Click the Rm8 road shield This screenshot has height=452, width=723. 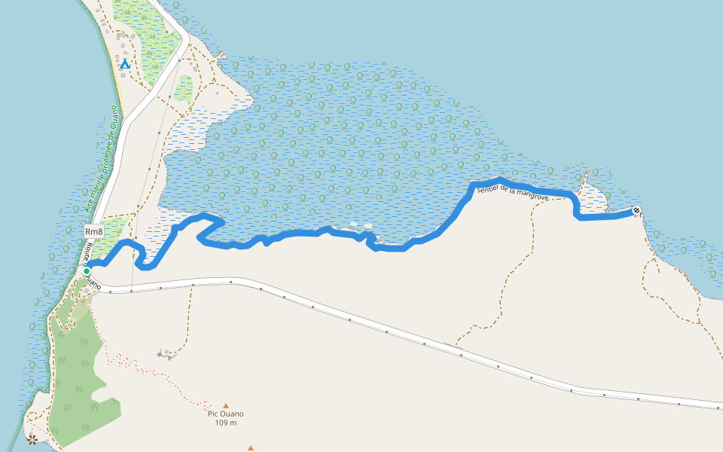(x=93, y=231)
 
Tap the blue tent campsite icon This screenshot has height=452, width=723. (x=125, y=65)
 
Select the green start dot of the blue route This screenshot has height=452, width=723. (x=87, y=271)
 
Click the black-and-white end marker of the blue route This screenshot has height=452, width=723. (x=636, y=211)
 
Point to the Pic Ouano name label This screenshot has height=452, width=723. (x=226, y=414)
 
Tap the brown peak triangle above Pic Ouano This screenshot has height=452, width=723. (x=225, y=405)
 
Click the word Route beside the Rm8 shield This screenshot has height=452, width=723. (x=89, y=252)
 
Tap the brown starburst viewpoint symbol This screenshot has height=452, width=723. (x=32, y=438)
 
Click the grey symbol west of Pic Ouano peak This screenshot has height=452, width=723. (x=164, y=353)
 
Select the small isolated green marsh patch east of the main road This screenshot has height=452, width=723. (x=183, y=88)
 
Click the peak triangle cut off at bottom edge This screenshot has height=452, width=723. (x=250, y=448)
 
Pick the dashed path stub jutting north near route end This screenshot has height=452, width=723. (x=583, y=177)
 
